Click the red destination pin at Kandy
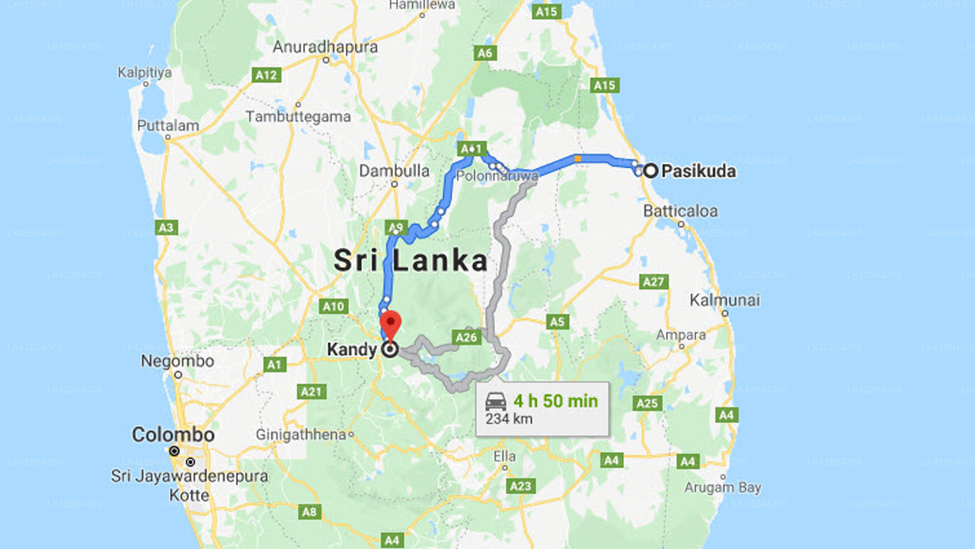click(390, 323)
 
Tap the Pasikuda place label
click(698, 171)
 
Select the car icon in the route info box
click(496, 402)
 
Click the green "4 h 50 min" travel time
click(555, 401)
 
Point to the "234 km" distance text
click(510, 419)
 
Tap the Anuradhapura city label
click(325, 47)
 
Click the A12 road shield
click(267, 75)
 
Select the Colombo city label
click(173, 435)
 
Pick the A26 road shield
click(466, 336)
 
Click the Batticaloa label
click(680, 211)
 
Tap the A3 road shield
click(165, 227)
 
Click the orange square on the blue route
click(577, 159)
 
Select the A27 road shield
click(654, 282)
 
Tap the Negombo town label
click(177, 361)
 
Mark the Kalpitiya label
click(145, 73)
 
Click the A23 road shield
click(520, 486)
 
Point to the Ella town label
click(504, 457)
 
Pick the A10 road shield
click(334, 307)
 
